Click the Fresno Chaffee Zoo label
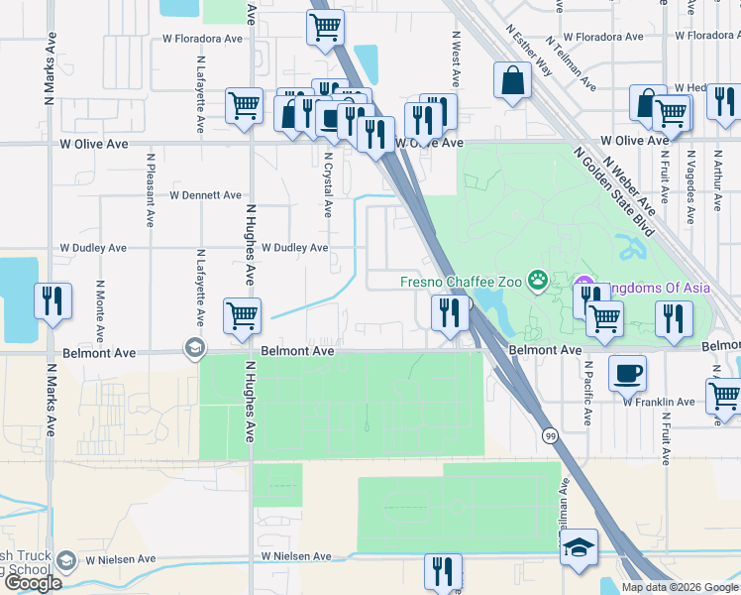[461, 282]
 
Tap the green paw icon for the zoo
[538, 281]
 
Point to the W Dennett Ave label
[205, 195]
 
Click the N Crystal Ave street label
[327, 184]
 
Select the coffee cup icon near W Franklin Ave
[626, 373]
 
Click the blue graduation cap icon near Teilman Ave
[579, 547]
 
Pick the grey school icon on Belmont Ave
[194, 347]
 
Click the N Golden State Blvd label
[614, 189]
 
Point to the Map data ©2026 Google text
[680, 587]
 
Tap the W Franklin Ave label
[659, 402]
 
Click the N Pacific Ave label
[586, 393]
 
